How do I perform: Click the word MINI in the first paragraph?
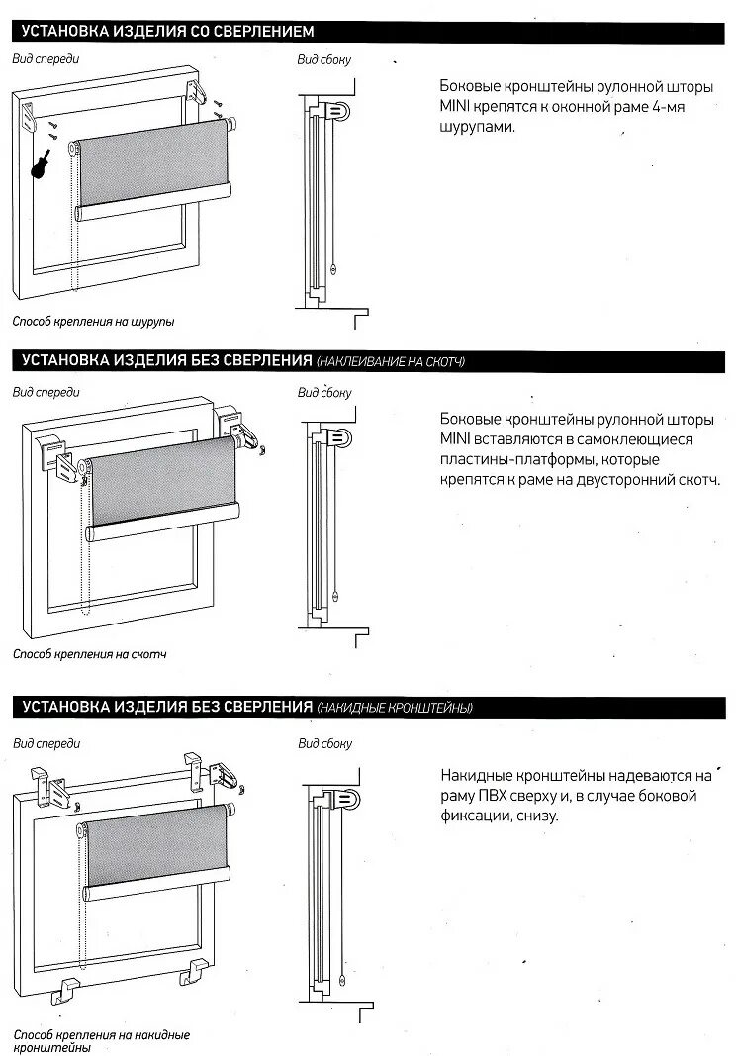coord(456,106)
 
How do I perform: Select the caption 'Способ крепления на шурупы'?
coord(93,322)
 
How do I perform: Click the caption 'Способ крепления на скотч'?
coord(89,654)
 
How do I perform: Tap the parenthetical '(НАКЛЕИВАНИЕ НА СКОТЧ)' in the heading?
coord(391,362)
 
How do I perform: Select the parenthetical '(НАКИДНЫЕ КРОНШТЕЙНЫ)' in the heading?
coord(395,708)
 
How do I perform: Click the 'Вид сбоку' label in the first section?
coord(324,59)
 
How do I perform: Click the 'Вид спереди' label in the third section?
coord(46,742)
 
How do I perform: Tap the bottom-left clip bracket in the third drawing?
coord(71,988)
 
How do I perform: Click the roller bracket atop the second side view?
coord(339,435)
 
